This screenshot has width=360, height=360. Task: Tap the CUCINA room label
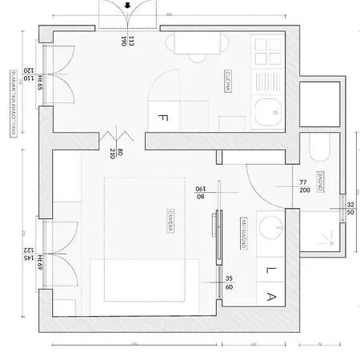click(x=230, y=82)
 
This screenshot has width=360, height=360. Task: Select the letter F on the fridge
click(x=162, y=118)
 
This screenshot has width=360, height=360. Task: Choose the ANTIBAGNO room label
click(x=242, y=232)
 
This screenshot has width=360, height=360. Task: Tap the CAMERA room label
click(x=171, y=222)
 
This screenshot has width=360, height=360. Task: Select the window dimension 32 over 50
click(x=351, y=210)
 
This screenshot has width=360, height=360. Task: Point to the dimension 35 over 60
click(x=229, y=282)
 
